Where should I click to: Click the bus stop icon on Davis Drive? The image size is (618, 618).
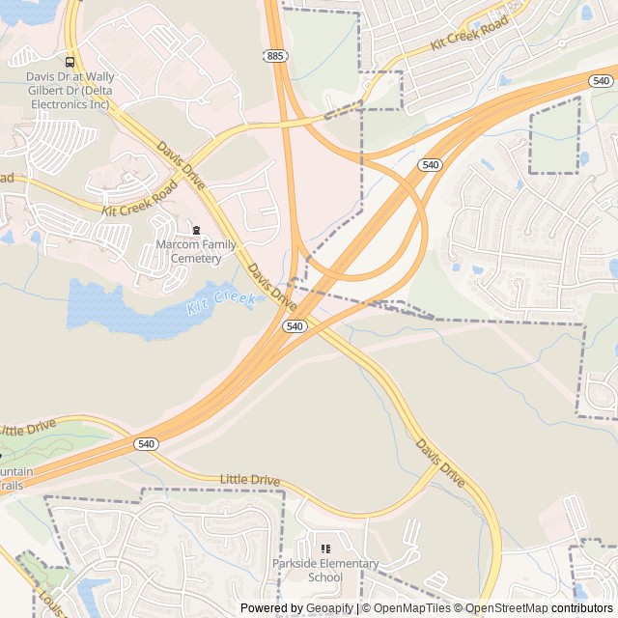69,62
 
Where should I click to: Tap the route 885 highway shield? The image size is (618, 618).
275,57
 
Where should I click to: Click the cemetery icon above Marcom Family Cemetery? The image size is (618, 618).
196,230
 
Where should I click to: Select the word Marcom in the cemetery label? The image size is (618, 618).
176,245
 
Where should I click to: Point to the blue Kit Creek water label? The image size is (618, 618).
221,303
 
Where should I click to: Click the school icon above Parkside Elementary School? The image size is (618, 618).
325,548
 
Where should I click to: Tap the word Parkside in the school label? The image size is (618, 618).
295,564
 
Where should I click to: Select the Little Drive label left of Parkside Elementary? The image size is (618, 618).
249,480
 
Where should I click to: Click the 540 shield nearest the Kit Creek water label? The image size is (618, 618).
295,327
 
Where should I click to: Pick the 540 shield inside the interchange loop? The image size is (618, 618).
430,166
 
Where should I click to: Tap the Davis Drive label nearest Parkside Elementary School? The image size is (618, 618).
441,463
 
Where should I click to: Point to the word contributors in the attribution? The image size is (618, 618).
582,608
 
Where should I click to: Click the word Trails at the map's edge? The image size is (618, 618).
12,485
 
